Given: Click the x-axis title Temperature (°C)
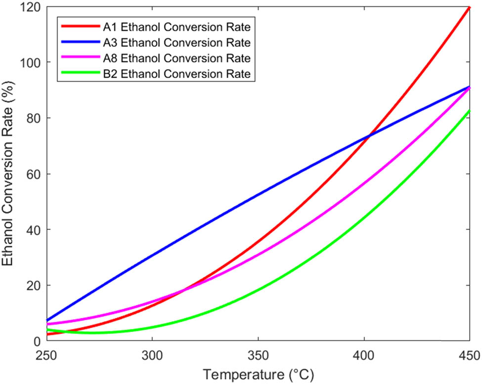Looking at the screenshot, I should point(258,375).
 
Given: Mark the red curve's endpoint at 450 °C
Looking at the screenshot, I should point(469,7).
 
